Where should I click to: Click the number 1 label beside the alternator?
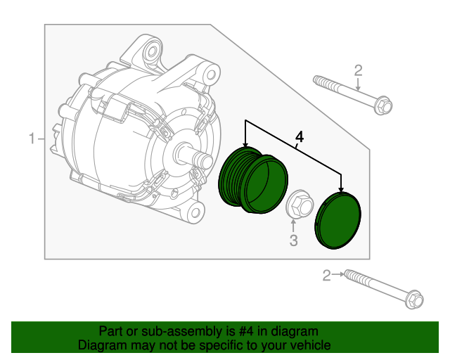(x=31, y=139)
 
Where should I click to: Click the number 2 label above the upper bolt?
(x=358, y=70)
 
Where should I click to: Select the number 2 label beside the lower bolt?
(x=326, y=275)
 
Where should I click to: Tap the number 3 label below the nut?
(x=294, y=242)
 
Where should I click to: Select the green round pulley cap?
(x=339, y=221)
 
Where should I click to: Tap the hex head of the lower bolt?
(x=414, y=300)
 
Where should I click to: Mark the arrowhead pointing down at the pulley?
(x=245, y=144)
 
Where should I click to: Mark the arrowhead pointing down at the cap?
(x=342, y=189)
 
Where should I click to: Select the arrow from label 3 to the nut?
(x=294, y=226)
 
